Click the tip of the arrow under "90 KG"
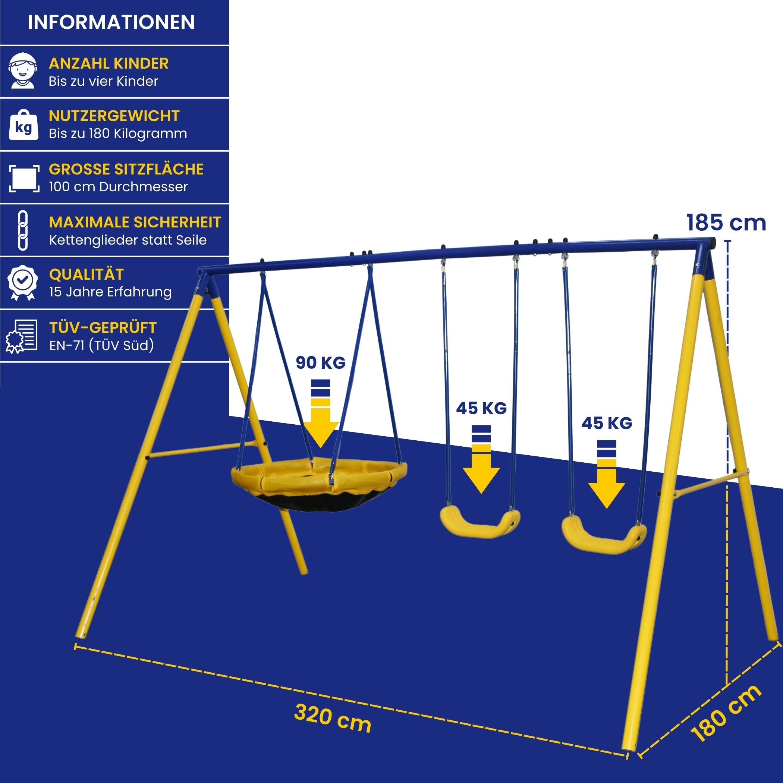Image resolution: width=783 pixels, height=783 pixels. point(320,448)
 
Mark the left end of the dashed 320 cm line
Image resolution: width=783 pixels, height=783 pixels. point(75,647)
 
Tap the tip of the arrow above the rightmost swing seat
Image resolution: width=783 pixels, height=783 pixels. point(607,508)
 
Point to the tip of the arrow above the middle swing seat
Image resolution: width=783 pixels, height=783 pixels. point(481,493)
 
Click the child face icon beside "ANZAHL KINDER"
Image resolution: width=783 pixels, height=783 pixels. point(23,70)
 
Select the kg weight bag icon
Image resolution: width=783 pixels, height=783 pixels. point(23,125)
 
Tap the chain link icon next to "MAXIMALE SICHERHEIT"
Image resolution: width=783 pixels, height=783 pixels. point(23,230)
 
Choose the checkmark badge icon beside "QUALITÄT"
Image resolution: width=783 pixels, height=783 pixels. point(23,283)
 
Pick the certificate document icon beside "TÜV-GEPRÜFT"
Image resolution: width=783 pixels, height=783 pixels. point(22,336)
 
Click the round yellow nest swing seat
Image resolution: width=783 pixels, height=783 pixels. point(319,484)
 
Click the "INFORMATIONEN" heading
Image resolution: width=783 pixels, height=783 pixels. point(111,22)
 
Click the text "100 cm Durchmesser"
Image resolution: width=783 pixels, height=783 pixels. point(118,187)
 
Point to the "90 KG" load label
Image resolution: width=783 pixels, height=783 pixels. point(321,363)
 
